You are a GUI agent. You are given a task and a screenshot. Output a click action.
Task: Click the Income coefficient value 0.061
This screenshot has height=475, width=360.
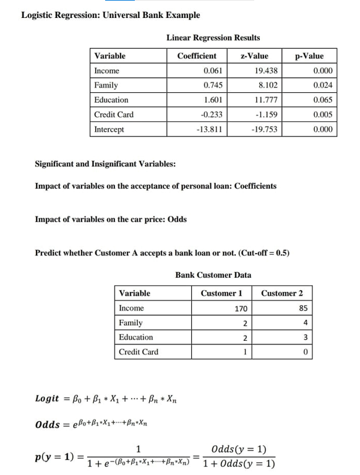point(213,71)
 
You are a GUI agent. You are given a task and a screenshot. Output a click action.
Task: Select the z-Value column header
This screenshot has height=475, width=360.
point(254,56)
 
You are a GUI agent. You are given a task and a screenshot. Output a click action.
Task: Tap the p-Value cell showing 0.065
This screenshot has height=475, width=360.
point(323,100)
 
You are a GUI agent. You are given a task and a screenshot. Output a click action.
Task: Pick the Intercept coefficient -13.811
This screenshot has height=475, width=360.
point(210,129)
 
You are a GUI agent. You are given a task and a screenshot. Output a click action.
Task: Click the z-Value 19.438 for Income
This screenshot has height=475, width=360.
point(267,71)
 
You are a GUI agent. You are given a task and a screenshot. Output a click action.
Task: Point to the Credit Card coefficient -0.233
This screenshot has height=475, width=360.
point(212,114)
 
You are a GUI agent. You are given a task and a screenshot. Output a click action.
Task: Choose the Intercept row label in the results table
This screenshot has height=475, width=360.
point(109,129)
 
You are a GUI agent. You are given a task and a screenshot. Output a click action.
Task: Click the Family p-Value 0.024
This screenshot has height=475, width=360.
point(323,85)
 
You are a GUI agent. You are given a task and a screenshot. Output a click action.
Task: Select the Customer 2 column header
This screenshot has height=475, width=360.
point(282,293)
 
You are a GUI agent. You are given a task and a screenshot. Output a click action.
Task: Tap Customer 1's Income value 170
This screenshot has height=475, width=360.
point(241,308)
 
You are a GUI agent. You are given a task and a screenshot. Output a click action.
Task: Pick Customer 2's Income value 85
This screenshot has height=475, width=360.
point(303,308)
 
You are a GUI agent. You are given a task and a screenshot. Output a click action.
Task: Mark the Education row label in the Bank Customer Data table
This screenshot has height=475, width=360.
point(135,337)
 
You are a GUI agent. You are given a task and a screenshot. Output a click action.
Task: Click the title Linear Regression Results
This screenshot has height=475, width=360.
point(213,38)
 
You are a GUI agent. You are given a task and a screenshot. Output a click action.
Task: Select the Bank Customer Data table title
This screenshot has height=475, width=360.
point(213,275)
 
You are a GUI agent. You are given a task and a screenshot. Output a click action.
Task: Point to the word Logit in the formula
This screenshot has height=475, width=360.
point(47,399)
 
